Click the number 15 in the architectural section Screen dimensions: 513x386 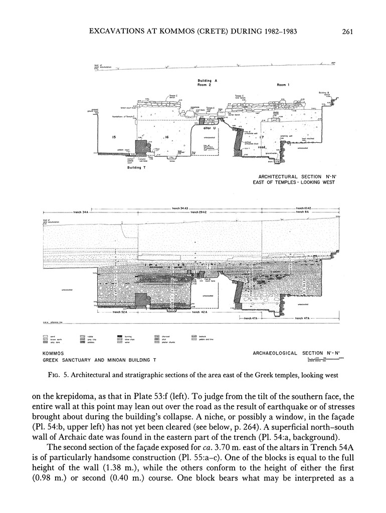pyautogui.click(x=115, y=137)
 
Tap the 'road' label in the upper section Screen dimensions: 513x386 pyautogui.click(x=262, y=147)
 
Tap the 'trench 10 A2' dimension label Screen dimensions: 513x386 pyautogui.click(x=304, y=207)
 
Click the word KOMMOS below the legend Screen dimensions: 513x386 pyautogui.click(x=53, y=353)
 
